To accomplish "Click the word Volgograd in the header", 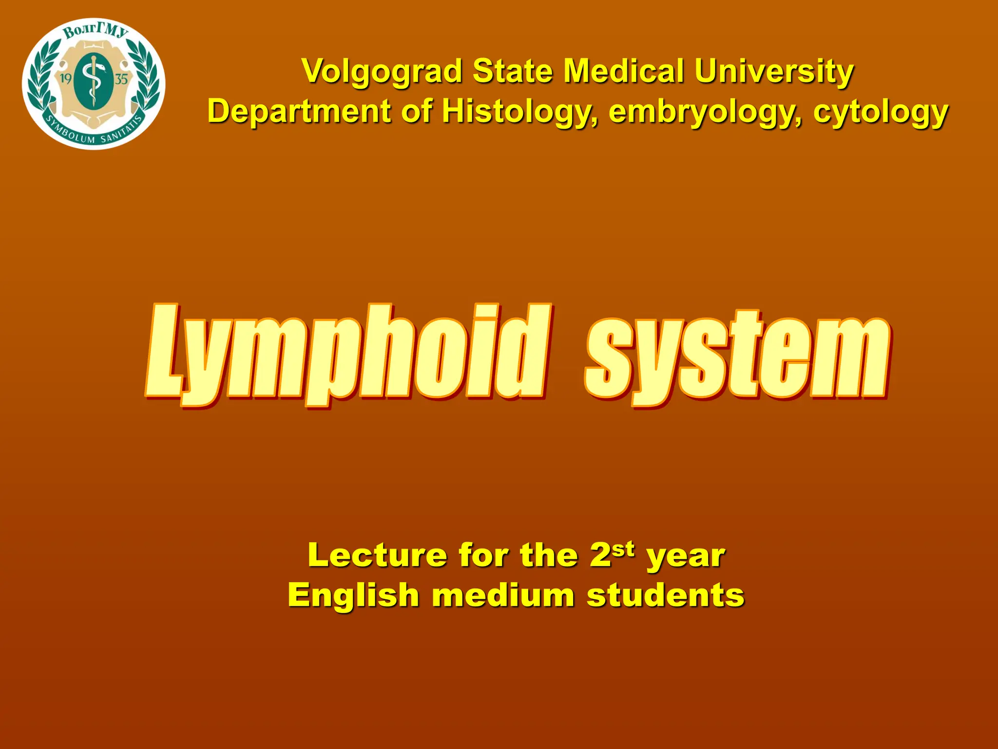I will [382, 72].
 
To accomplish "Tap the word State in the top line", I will [513, 72].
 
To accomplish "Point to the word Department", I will [299, 112].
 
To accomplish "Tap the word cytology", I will [881, 112].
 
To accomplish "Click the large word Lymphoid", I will [348, 354].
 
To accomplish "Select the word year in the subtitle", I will [686, 556].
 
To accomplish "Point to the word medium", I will [503, 595].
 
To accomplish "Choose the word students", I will [666, 595].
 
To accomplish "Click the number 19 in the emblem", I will [66, 79].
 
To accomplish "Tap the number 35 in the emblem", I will [121, 79].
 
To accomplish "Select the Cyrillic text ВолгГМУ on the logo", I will [96, 32].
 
